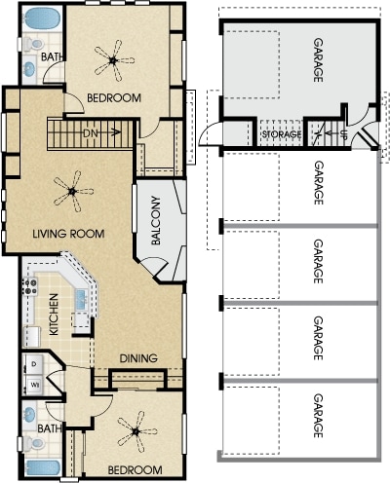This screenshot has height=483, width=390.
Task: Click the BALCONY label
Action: coord(156,220)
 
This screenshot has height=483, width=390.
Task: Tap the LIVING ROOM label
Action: coord(68,234)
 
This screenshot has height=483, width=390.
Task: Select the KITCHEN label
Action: coord(54,315)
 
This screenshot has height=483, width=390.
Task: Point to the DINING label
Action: coord(138,358)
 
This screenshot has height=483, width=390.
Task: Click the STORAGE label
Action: coord(282,134)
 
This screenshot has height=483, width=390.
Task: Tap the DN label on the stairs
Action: coord(91,133)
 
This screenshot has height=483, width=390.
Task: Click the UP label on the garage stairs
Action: coord(342,134)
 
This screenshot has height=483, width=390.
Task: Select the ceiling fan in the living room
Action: coord(73,192)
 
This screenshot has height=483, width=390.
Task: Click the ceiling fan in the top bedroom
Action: coord(114,60)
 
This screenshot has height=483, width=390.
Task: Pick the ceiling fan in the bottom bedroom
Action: coord(136,431)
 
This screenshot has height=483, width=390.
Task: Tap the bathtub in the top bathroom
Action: coord(42,19)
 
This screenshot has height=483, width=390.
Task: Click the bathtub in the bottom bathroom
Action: coord(42,468)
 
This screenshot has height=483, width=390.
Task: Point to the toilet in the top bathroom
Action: coord(33,44)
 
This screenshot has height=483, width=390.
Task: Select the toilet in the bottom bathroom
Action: coord(34,443)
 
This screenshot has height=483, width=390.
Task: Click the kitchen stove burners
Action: coord(30,286)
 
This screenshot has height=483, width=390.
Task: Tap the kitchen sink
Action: coord(81,299)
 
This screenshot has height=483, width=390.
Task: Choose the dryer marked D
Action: coord(34,363)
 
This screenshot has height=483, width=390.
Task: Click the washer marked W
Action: coord(34,386)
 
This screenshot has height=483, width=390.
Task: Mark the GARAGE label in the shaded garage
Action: coord(318,60)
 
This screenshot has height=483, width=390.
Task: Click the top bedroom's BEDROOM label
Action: coord(114,97)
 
